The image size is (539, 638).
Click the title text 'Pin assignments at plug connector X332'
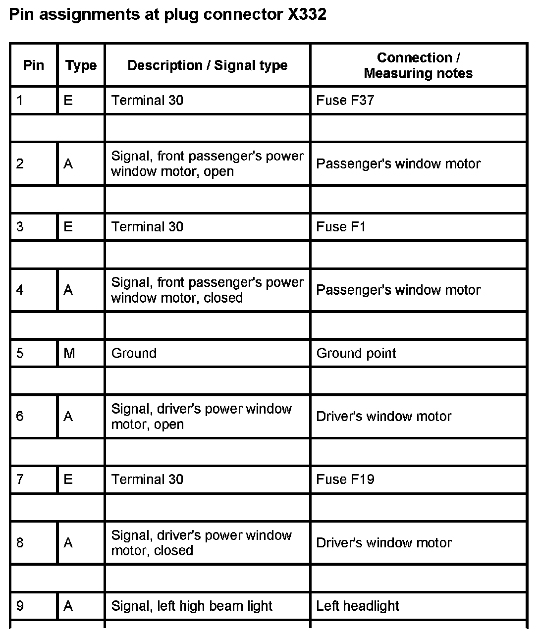(168, 14)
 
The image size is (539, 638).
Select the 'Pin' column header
(34, 65)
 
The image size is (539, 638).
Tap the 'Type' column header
(81, 65)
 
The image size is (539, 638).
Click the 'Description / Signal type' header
(208, 65)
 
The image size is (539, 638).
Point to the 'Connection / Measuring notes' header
(418, 65)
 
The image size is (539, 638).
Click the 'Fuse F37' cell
(345, 101)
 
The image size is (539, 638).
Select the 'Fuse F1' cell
(341, 227)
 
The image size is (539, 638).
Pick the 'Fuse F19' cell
(345, 479)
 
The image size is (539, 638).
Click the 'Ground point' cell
(356, 353)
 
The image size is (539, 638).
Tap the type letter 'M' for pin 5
(69, 353)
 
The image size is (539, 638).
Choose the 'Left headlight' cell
(358, 606)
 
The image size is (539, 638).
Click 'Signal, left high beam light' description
(192, 606)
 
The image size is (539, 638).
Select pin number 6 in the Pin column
(20, 416)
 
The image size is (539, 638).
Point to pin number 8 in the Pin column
(20, 543)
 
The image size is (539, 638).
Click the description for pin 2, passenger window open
(207, 163)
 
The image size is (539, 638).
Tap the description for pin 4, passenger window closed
(207, 290)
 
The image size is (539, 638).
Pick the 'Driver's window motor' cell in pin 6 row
(384, 416)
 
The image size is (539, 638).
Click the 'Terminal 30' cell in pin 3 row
(147, 227)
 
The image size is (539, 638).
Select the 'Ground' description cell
(134, 353)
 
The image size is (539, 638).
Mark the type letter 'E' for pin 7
(68, 479)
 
